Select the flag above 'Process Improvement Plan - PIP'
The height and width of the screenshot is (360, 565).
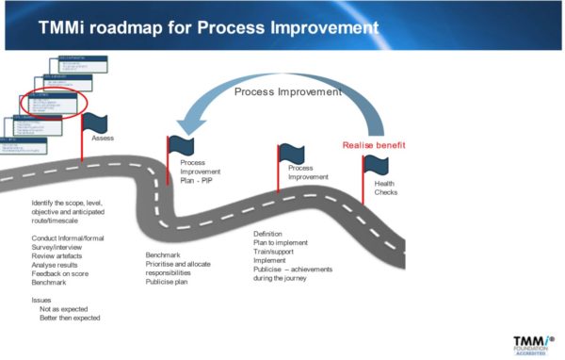180,146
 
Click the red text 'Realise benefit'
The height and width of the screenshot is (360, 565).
374,144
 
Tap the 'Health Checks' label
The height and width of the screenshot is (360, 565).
386,188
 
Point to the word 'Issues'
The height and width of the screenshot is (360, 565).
43,299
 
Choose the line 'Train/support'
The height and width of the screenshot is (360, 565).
277,251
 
